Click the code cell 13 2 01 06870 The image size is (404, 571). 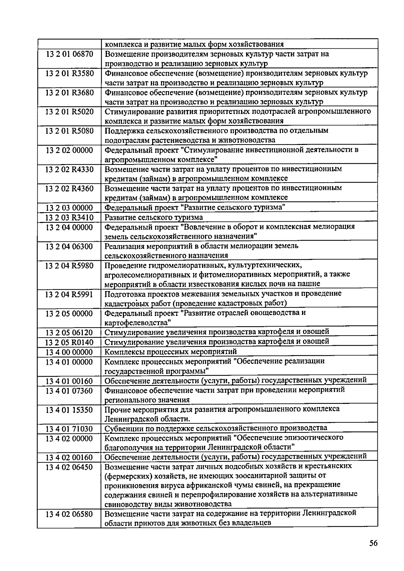point(69,54)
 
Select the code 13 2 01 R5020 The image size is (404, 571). point(69,111)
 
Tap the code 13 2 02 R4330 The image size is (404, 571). point(69,169)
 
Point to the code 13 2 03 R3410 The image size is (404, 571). point(69,218)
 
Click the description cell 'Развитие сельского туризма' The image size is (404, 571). point(154,218)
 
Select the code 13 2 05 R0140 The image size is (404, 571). point(69,342)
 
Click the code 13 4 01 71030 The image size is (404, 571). point(69,429)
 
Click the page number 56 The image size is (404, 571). point(373,543)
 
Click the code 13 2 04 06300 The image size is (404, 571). point(69,246)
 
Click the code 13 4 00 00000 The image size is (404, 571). point(69,352)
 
